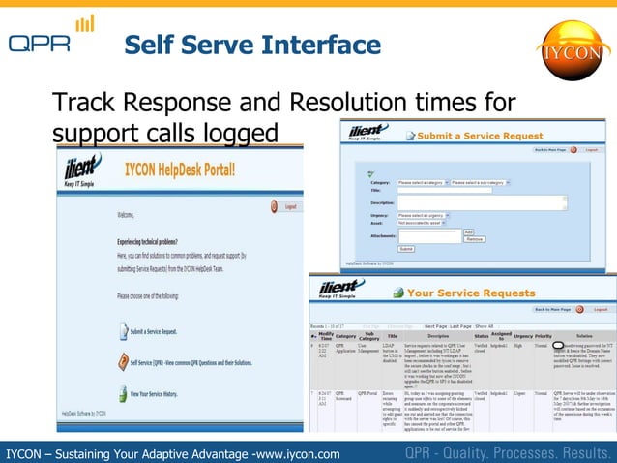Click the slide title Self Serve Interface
[x=253, y=46]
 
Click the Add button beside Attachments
[x=469, y=231]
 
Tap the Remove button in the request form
[x=474, y=238]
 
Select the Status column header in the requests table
[x=481, y=336]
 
